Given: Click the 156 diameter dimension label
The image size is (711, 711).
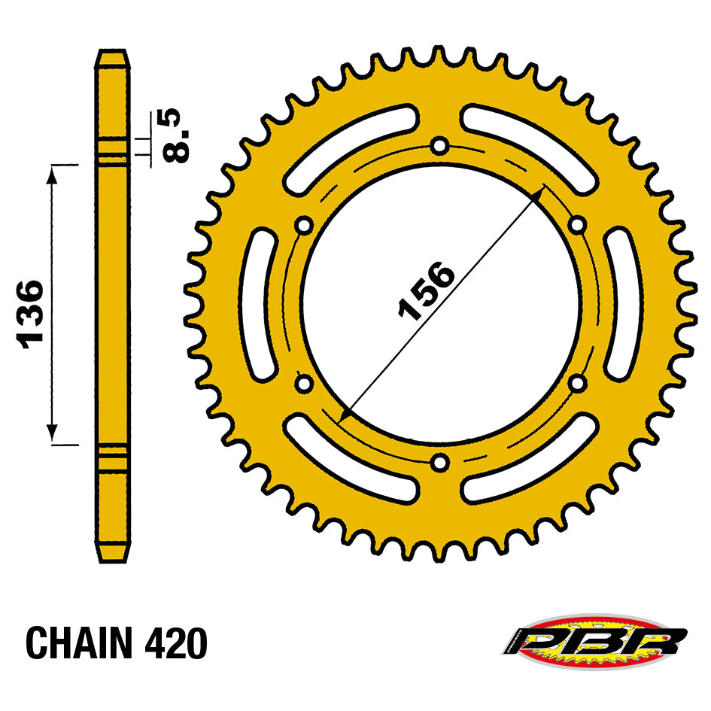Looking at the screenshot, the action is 426,290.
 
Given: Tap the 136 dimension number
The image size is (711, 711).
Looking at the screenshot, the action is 30,314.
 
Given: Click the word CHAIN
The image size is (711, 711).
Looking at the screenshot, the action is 79,643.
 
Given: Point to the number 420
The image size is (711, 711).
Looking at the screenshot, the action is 176,643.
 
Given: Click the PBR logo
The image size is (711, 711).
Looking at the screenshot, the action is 594,641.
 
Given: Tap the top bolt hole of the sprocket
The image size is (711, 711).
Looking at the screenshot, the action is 439,146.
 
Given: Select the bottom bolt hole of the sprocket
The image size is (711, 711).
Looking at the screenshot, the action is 439,463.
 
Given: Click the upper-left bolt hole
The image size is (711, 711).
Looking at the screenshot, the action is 304,225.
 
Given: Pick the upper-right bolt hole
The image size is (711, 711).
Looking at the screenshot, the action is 577,224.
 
